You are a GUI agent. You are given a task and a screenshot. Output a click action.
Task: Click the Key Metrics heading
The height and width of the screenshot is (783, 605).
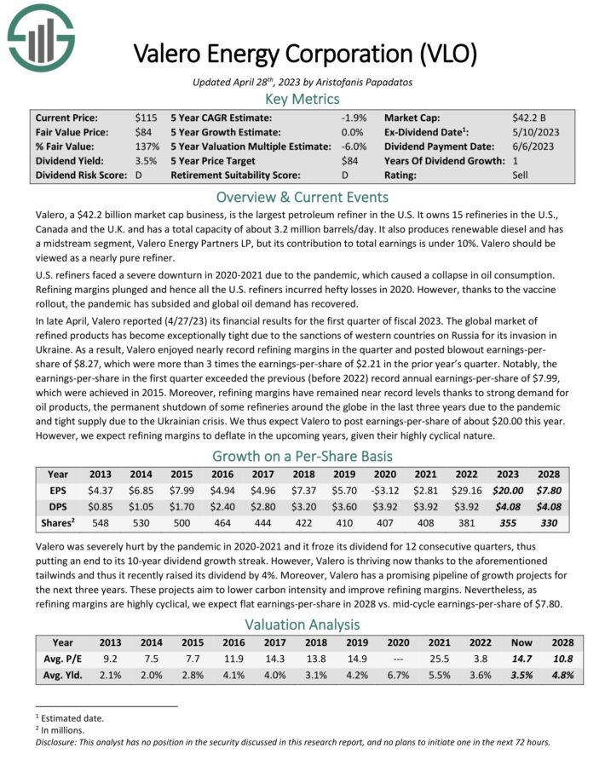302,99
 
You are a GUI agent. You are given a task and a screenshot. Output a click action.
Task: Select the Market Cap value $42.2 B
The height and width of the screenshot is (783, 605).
530,118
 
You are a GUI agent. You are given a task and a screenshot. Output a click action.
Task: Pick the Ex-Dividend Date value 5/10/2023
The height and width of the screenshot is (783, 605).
538,132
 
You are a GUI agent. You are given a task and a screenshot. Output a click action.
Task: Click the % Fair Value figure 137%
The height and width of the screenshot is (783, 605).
147,147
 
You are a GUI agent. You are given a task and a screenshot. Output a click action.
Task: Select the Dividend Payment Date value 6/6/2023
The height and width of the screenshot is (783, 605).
534,147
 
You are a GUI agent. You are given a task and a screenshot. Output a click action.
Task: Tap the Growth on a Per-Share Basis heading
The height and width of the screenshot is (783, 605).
302,455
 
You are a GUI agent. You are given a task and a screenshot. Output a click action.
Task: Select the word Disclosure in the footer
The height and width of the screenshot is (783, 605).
59,741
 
